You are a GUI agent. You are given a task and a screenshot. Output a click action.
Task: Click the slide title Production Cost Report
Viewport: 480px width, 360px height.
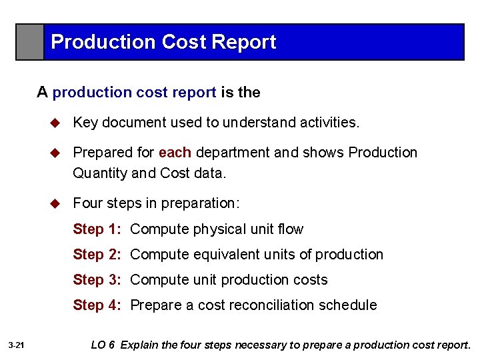pyautogui.click(x=163, y=42)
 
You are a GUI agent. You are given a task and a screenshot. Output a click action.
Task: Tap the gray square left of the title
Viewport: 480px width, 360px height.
pyautogui.click(x=30, y=42)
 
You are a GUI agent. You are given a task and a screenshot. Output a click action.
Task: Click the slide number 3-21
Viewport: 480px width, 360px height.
pyautogui.click(x=17, y=345)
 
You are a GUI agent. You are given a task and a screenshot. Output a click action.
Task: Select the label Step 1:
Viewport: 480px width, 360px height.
pyautogui.click(x=97, y=229)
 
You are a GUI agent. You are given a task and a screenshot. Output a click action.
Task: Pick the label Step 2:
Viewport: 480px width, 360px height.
pyautogui.click(x=97, y=255)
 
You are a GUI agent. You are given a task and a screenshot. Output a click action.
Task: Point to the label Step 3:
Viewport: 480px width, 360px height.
pyautogui.click(x=97, y=280)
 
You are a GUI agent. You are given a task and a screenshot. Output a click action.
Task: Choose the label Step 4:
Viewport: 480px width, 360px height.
pyautogui.click(x=97, y=305)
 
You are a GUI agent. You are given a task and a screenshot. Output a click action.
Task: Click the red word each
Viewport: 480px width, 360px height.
pyautogui.click(x=175, y=153)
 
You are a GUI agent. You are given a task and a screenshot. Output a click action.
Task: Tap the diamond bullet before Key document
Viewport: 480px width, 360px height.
pyautogui.click(x=57, y=123)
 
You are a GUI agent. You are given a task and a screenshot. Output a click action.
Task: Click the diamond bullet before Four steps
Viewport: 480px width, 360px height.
pyautogui.click(x=57, y=203)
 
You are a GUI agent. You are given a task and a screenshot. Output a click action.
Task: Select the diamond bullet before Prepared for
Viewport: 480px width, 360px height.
pyautogui.click(x=57, y=153)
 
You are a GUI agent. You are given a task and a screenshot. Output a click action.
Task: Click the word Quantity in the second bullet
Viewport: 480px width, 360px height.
pyautogui.click(x=100, y=173)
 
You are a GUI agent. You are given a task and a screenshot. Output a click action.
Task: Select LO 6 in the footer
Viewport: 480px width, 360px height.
pyautogui.click(x=103, y=345)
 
